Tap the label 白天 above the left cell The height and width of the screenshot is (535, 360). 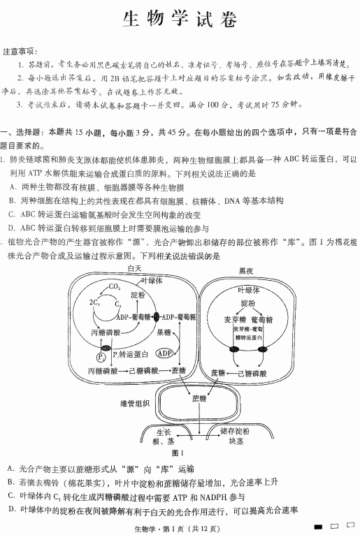tap(134, 267)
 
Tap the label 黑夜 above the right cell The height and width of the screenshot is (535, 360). tap(247, 270)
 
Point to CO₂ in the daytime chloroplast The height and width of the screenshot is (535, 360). tap(114, 286)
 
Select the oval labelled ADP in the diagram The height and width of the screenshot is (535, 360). tap(165, 353)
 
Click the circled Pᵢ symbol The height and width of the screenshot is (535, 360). tap(102, 358)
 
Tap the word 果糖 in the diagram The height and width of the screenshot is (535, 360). tap(164, 332)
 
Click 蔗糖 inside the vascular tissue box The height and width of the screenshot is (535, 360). tap(199, 399)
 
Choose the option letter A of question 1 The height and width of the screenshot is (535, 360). tap(13, 187)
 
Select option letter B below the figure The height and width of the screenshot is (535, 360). tap(11, 482)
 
